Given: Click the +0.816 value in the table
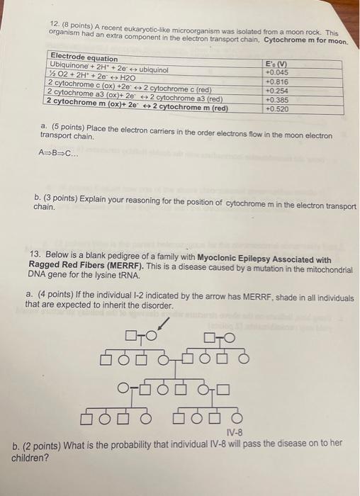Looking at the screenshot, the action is tap(276, 81).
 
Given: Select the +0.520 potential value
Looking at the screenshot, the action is tap(276, 109).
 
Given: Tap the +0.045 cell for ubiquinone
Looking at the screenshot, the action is tap(276, 72).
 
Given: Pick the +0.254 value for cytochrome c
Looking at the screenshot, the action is tap(276, 91).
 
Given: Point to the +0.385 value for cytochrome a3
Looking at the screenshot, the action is tap(276, 100).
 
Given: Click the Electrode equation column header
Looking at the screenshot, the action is tap(84, 57).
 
